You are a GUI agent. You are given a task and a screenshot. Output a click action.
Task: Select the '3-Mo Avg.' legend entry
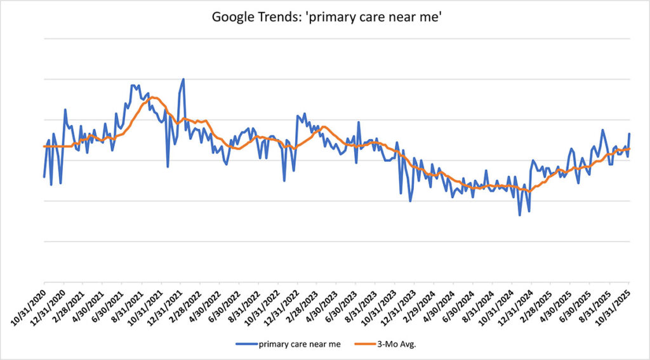pos(402,345)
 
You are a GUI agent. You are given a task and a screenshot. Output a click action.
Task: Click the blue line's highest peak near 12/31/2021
pos(183,79)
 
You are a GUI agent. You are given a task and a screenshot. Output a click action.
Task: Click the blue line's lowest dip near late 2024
pos(520,215)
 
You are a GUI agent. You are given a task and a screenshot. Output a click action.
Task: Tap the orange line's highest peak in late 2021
pos(152,98)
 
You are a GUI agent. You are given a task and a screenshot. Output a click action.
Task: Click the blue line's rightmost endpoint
pos(629,134)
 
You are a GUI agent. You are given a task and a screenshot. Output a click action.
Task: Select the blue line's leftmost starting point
pos(44,177)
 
